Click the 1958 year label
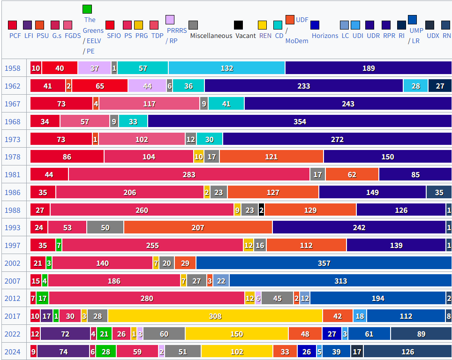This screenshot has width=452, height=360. [x=13, y=68]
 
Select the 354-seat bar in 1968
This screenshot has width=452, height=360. [x=300, y=121]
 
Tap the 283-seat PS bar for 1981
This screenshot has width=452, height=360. [x=189, y=174]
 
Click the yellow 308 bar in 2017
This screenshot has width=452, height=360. [x=215, y=316]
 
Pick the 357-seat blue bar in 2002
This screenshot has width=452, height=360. [x=324, y=263]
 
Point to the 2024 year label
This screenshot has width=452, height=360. [x=13, y=352]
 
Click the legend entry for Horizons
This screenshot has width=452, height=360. [x=324, y=36]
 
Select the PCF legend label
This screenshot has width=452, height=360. [x=15, y=36]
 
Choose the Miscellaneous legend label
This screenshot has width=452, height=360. [x=211, y=36]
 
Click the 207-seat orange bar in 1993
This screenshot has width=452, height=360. [x=198, y=227]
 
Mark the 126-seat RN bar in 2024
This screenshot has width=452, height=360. [x=407, y=352]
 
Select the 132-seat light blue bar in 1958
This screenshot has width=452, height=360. [x=226, y=68]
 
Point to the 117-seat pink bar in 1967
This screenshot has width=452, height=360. [x=149, y=104]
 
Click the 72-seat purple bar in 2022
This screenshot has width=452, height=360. [x=65, y=334]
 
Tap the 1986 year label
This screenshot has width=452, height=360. [x=13, y=192]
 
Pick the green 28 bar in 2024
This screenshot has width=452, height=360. [x=106, y=352]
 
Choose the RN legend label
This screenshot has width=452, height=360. [x=447, y=36]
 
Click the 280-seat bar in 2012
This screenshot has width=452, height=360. [x=147, y=298]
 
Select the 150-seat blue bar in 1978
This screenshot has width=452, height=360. [x=387, y=157]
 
